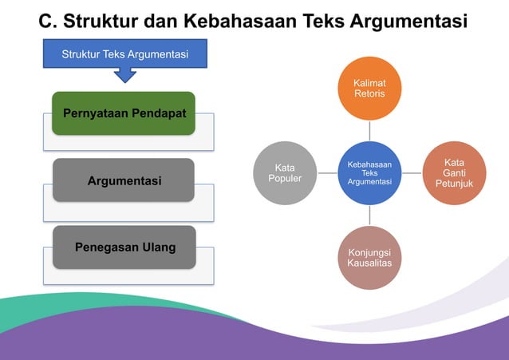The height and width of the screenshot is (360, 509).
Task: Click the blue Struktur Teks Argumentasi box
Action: [124, 54]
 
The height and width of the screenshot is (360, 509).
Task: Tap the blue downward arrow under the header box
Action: [125, 75]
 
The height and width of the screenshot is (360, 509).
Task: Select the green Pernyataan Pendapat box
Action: [124, 113]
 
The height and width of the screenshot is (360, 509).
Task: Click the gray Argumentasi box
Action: [124, 180]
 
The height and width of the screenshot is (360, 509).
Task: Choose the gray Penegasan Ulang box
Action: [124, 247]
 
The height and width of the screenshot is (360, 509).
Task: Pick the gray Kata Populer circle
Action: [285, 173]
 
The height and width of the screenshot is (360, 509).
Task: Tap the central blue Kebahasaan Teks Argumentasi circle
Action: [369, 173]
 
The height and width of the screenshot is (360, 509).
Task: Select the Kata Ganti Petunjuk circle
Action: [454, 173]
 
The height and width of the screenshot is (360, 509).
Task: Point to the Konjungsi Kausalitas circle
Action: [369, 257]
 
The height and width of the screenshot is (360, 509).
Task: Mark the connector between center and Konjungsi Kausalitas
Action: [369, 216]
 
